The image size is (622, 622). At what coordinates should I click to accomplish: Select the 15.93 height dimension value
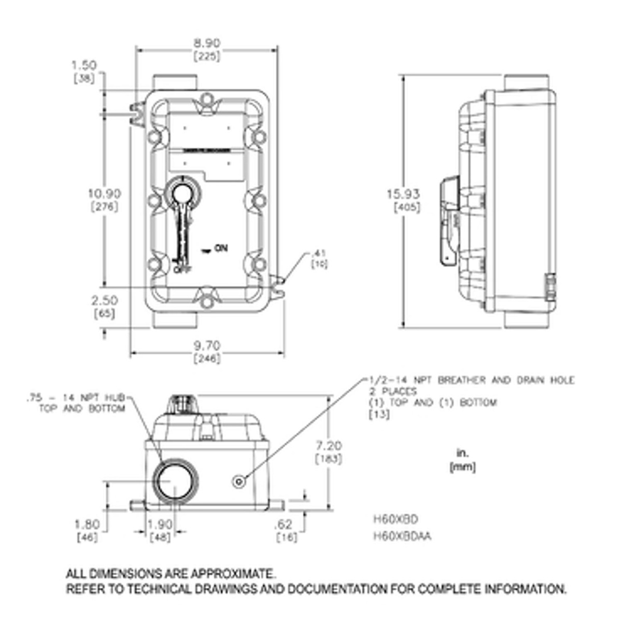403,194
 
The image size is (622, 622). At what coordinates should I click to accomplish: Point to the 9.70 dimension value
207,345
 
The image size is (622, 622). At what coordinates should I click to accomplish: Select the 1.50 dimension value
84,65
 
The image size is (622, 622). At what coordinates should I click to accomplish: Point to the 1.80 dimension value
87,525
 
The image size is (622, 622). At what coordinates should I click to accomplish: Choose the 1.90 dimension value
160,525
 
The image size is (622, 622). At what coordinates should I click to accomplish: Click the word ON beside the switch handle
221,249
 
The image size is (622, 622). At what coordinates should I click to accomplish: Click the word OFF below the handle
181,270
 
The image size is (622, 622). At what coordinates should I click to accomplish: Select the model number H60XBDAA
402,536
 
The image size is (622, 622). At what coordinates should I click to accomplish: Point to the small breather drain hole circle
238,482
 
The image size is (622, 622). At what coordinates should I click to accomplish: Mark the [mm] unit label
462,467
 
